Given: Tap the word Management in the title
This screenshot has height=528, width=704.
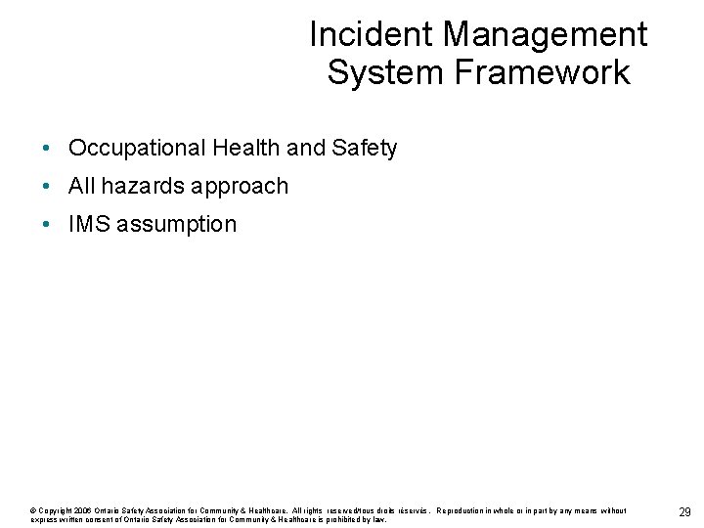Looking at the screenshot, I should tap(545, 35).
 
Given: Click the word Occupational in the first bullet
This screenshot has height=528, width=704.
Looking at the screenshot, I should tap(137, 149).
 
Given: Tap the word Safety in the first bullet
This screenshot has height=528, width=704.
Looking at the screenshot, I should tap(364, 149).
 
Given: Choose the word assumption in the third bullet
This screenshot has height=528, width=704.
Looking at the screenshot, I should tap(177, 225).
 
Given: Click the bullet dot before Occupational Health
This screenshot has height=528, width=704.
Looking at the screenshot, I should tap(47, 149).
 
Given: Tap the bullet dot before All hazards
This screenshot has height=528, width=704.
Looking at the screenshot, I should tap(47, 186).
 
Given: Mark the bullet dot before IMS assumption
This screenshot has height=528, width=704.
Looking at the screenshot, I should tap(47, 224).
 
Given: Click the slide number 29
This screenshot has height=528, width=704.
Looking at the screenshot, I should tap(684, 513).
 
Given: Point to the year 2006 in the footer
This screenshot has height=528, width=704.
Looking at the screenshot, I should tap(82, 510).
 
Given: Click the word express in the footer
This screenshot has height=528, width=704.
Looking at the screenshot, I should tap(45, 519).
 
